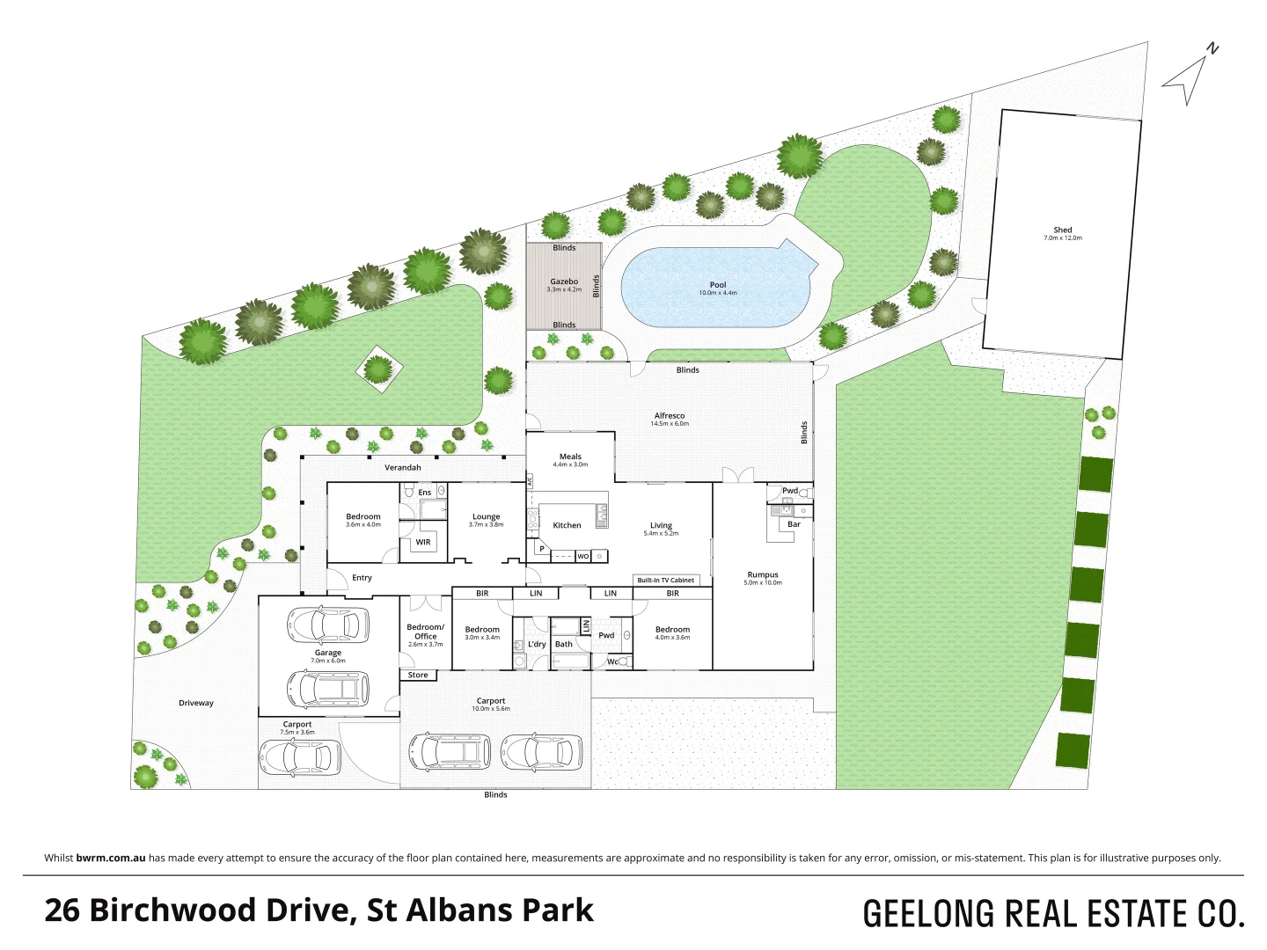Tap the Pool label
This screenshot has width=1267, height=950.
(x=718, y=285)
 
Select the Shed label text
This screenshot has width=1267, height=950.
(x=1063, y=230)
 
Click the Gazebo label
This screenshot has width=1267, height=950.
(x=564, y=281)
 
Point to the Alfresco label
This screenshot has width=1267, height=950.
(x=670, y=416)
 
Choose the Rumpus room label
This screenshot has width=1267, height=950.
(x=763, y=575)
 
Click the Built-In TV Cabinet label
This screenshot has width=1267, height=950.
(x=666, y=581)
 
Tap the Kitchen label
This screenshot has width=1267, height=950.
(x=567, y=525)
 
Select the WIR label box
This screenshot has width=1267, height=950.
(x=423, y=542)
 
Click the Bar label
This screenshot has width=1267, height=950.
(x=794, y=524)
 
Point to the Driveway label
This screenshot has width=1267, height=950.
(x=196, y=703)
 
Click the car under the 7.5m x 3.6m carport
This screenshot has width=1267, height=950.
(x=299, y=756)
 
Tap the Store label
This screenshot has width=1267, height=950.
(x=418, y=676)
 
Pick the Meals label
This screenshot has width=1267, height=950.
(x=570, y=457)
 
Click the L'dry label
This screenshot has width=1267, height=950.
(x=537, y=644)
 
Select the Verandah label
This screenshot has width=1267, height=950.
(x=403, y=468)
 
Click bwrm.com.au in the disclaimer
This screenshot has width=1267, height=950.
(x=111, y=858)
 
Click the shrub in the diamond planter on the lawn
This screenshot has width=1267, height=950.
(x=378, y=369)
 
